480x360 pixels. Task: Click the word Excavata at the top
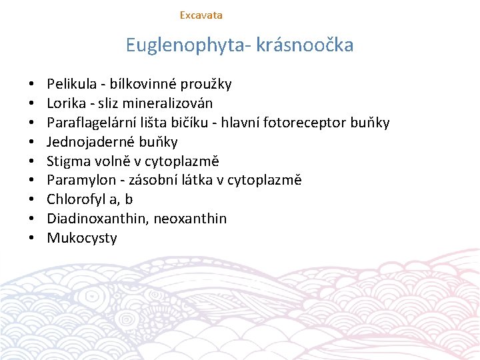[201, 15]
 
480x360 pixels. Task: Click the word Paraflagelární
[89, 123]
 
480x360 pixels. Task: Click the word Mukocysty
[82, 238]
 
